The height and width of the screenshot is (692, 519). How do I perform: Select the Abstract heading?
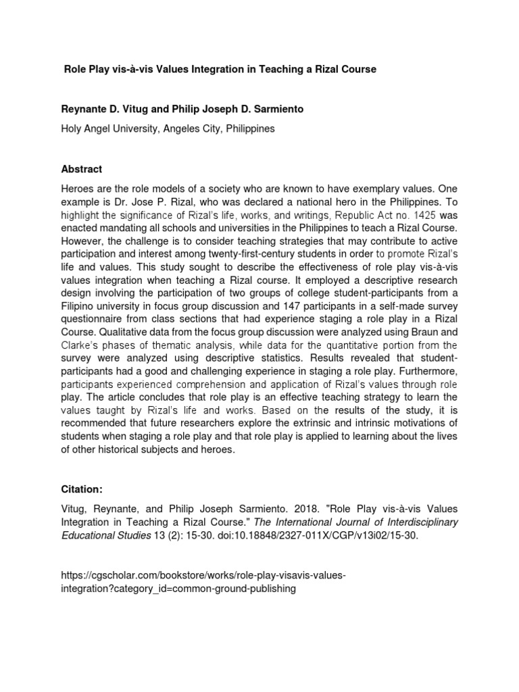tap(82, 169)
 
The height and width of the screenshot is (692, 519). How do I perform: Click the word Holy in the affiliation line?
tap(72, 128)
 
